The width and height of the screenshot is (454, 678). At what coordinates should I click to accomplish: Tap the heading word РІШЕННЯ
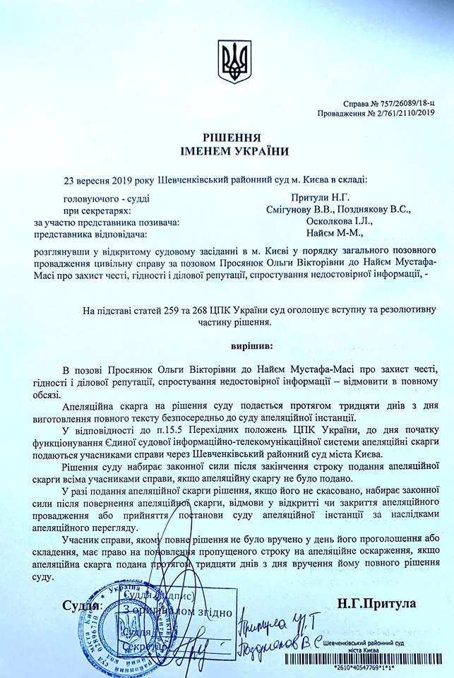pos(227,138)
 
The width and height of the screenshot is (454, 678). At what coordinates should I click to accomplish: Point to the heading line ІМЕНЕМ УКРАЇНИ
pos(227,151)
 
